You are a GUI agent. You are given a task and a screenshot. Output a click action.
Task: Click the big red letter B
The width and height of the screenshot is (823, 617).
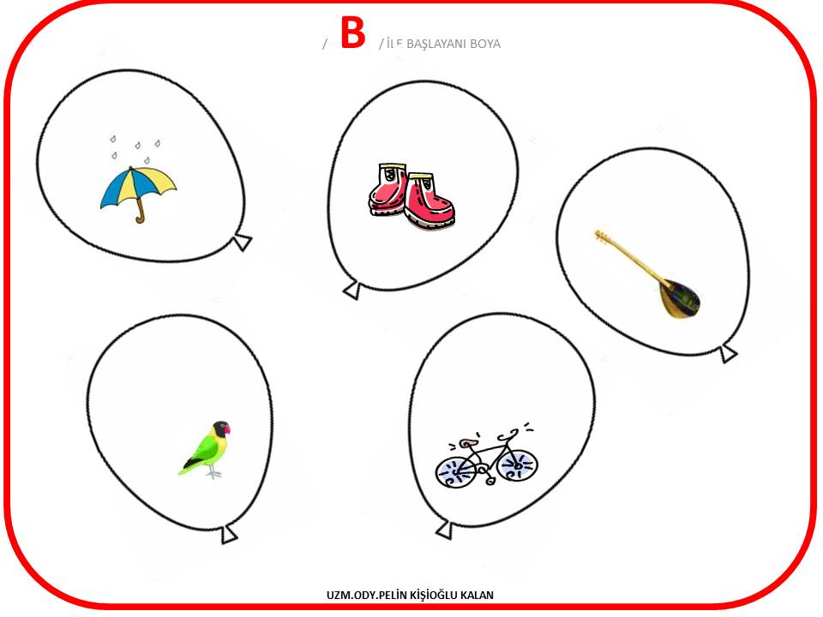pyautogui.click(x=352, y=32)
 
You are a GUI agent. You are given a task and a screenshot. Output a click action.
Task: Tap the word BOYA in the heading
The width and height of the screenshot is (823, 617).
pyautogui.click(x=485, y=44)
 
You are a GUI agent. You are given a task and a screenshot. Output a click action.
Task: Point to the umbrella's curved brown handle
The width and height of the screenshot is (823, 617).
pyautogui.click(x=140, y=212)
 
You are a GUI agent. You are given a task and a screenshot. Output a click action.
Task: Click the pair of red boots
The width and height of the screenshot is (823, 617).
pyautogui.click(x=411, y=196)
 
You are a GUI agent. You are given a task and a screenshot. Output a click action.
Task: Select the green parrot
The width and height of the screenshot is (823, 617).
pyautogui.click(x=205, y=450)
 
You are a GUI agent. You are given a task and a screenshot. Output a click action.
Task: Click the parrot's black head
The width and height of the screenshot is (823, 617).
pyautogui.click(x=221, y=428)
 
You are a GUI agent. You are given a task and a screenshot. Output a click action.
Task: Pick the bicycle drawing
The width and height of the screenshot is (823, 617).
pyautogui.click(x=486, y=457)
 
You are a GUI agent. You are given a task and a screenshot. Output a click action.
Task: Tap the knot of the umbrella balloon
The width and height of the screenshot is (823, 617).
pyautogui.click(x=242, y=243)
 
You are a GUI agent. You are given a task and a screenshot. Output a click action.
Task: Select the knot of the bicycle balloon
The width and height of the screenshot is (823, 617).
pyautogui.click(x=445, y=530)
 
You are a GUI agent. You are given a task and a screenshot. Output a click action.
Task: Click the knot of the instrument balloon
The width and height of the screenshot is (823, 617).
pyautogui.click(x=729, y=353)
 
